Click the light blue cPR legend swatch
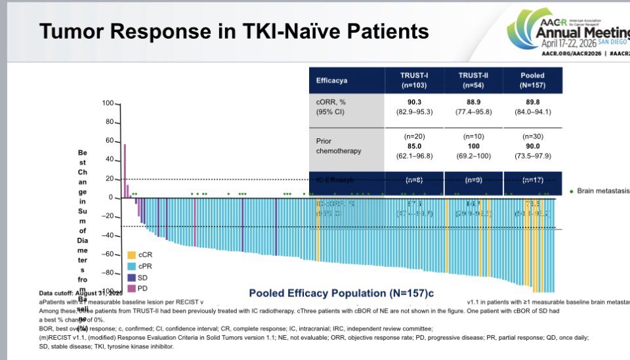tap(131, 266)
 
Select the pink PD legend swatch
tap(131, 288)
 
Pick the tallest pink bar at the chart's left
tap(125, 170)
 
